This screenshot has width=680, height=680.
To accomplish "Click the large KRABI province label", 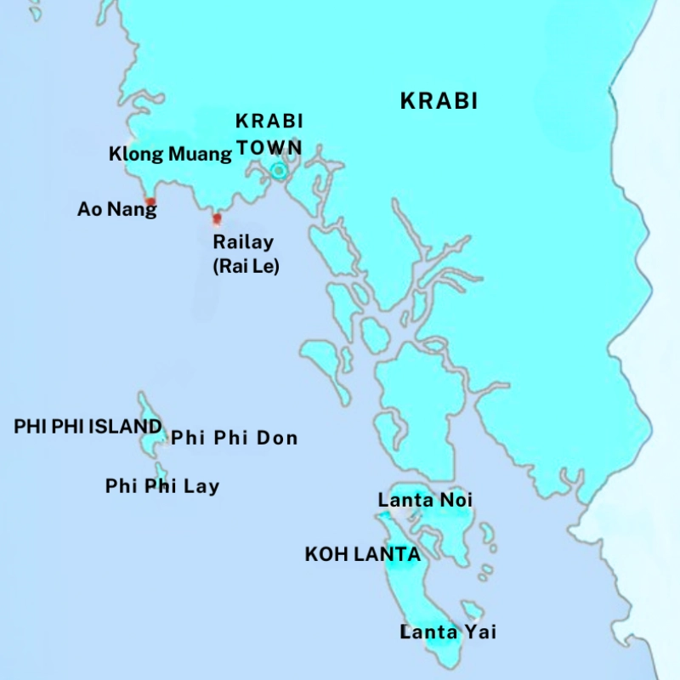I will pyautogui.click(x=439, y=102).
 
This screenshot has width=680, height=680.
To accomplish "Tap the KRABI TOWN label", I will pyautogui.click(x=269, y=134).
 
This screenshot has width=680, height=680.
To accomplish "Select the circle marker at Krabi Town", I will pyautogui.click(x=278, y=171).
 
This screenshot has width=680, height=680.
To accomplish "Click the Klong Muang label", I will pyautogui.click(x=170, y=154).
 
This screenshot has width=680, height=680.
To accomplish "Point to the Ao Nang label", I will pyautogui.click(x=116, y=209).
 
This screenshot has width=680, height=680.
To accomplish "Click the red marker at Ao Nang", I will pyautogui.click(x=150, y=202).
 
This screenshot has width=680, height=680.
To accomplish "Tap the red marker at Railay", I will pyautogui.click(x=217, y=218).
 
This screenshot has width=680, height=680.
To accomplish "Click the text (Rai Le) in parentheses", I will pyautogui.click(x=246, y=266).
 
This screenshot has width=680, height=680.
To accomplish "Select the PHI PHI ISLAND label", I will pyautogui.click(x=88, y=426).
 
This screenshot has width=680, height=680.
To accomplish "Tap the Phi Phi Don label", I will pyautogui.click(x=235, y=439).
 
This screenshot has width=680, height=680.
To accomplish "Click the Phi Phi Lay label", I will pyautogui.click(x=162, y=486).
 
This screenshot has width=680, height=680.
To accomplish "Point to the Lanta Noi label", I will pyautogui.click(x=425, y=501).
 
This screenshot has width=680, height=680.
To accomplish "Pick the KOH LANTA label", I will pyautogui.click(x=362, y=555).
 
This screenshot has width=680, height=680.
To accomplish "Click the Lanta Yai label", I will pyautogui.click(x=448, y=632).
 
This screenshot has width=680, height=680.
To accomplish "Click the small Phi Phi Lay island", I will pyautogui.click(x=160, y=470).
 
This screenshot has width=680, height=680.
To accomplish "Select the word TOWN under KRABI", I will pyautogui.click(x=269, y=147).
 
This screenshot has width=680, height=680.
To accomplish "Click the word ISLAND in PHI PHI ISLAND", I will pyautogui.click(x=127, y=426).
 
